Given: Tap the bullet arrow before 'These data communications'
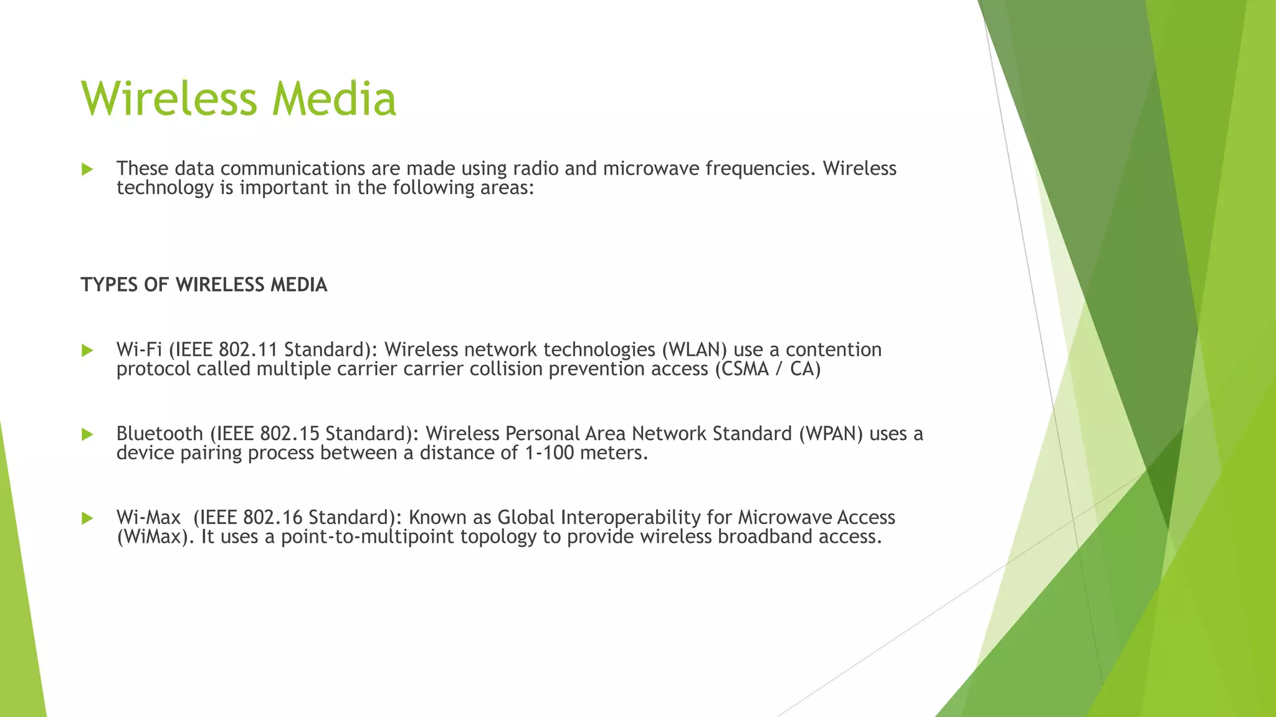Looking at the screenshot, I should click(x=87, y=169).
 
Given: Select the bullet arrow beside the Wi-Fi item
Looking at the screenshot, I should click(x=87, y=350).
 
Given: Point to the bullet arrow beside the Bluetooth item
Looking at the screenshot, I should click(x=87, y=434).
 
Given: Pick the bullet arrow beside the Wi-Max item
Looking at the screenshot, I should click(x=87, y=518).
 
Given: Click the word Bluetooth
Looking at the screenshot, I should click(x=159, y=434).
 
